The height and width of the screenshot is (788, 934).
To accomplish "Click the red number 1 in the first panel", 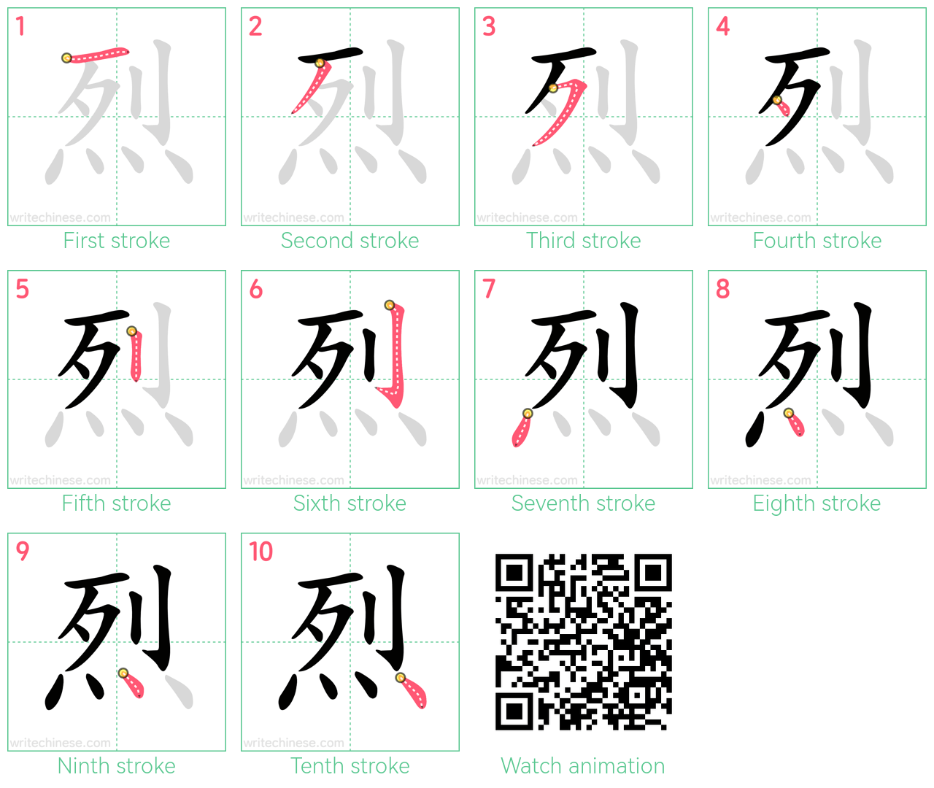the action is [x=20, y=26].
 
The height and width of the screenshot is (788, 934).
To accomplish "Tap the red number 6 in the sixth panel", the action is [x=256, y=289].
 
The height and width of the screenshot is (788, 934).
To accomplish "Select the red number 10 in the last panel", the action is [x=260, y=552].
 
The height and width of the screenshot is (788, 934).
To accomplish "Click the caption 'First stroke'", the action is [x=116, y=241].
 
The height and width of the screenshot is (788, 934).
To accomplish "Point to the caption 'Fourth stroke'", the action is [x=817, y=241].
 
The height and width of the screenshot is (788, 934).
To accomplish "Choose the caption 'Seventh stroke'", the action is [x=583, y=503].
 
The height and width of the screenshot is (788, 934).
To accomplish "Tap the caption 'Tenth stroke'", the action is [x=350, y=765].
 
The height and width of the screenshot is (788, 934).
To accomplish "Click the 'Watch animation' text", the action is [x=583, y=765].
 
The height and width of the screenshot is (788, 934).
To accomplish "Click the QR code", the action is [x=583, y=641].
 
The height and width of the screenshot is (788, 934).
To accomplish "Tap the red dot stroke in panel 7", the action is [x=522, y=428].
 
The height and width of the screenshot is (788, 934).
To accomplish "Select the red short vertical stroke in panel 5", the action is [x=136, y=355].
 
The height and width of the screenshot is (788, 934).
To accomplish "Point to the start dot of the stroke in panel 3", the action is [x=553, y=88].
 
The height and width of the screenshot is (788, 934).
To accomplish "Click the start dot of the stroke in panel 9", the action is [x=123, y=673].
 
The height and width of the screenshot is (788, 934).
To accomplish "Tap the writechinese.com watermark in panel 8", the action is [x=760, y=480].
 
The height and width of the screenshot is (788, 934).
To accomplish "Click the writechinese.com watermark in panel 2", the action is [x=293, y=218].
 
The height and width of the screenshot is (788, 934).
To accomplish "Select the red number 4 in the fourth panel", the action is [x=723, y=26].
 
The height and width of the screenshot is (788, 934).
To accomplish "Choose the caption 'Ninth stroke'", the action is [x=116, y=765].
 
